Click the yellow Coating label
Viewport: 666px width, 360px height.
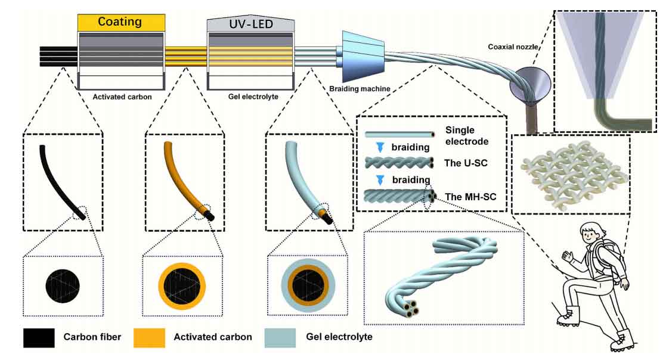[120, 22]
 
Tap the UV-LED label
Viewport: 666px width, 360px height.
[250, 24]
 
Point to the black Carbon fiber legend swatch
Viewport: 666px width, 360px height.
[39, 338]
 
